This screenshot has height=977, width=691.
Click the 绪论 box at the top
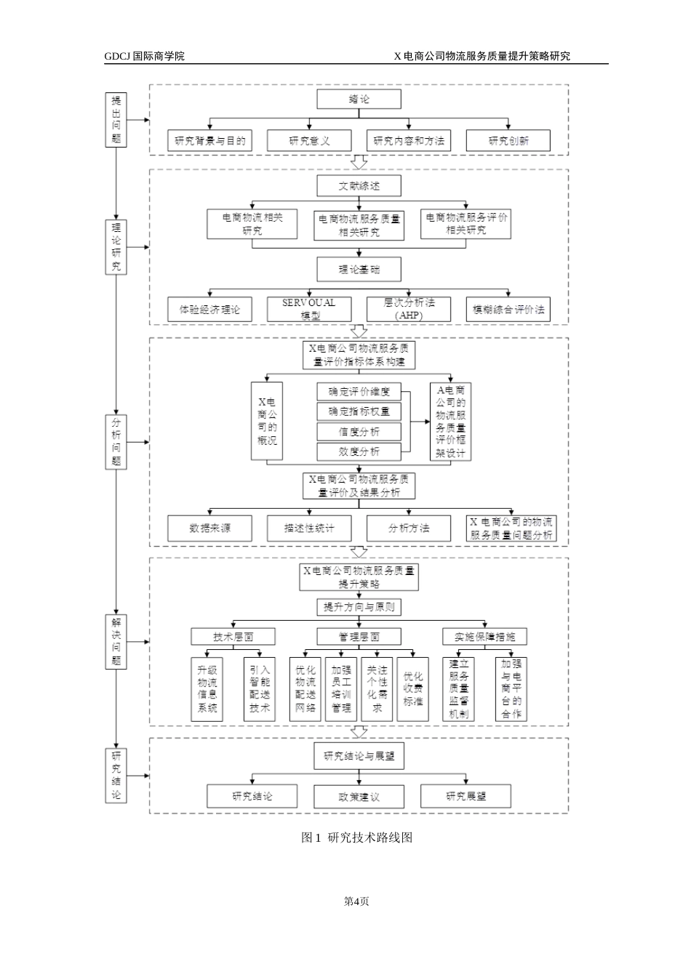359,100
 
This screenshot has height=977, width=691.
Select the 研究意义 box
309,141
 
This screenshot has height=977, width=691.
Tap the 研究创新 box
508,141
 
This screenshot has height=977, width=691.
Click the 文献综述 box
359,186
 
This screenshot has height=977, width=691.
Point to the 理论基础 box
359,270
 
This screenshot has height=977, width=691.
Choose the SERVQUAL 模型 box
309,310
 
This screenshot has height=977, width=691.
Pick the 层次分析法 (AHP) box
408,310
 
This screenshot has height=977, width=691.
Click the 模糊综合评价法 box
508,310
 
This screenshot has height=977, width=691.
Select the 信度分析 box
359,432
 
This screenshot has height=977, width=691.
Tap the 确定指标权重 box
359,411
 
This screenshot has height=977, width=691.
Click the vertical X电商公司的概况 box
266,422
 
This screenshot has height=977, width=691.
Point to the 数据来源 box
209,528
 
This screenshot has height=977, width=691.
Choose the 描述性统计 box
309,528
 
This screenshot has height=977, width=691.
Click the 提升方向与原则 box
359,607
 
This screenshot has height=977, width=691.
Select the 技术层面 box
233,637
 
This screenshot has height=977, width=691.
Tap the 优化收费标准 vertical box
413,689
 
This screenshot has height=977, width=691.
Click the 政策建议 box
359,797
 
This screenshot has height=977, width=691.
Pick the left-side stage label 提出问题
116,120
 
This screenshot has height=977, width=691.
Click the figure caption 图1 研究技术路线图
356,837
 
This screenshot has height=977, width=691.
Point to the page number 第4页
356,901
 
